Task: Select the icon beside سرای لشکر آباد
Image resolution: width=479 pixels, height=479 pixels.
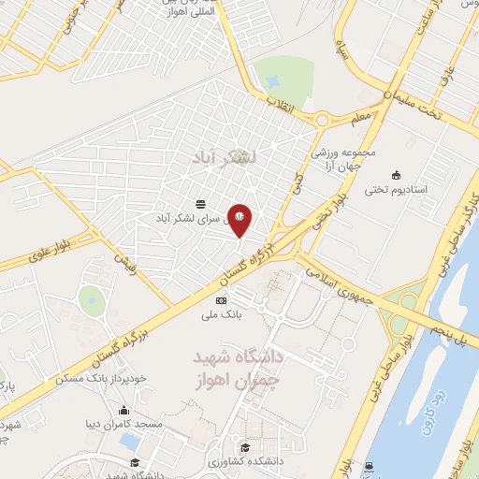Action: point(201,203)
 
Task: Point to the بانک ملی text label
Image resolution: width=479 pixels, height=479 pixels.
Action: point(224,315)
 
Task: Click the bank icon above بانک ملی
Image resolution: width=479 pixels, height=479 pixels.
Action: point(221,300)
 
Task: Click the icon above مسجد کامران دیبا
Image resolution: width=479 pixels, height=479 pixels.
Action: point(123,410)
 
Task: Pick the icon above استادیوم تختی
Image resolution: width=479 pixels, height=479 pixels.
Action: point(396,174)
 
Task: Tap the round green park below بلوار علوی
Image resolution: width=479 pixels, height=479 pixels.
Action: point(91,300)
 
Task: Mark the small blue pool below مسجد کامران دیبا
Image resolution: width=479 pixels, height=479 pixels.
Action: point(129,439)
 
